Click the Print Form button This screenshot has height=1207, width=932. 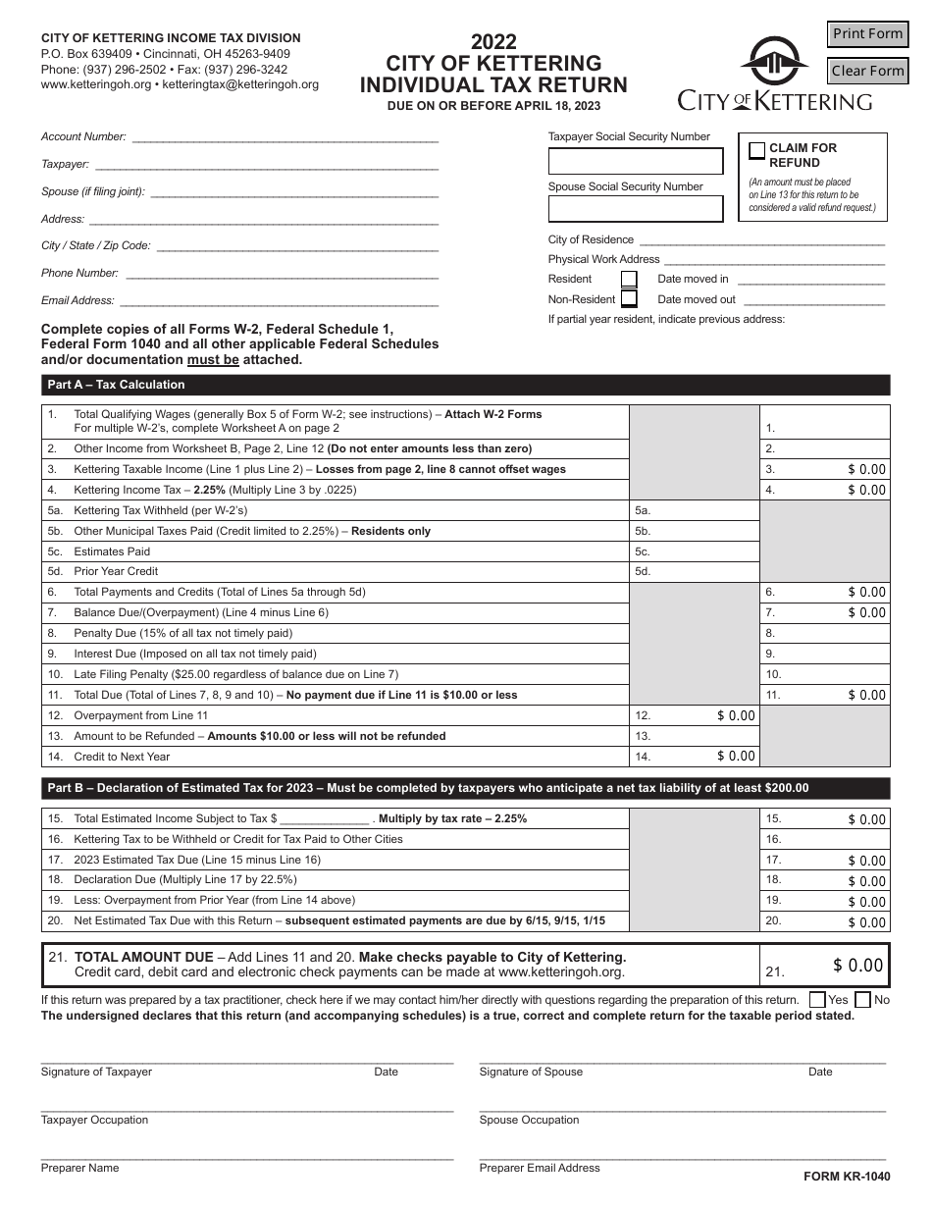[867, 34]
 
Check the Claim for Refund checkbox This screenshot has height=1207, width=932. [756, 150]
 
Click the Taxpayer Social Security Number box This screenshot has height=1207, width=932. [635, 161]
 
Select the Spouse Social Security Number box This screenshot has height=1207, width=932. [635, 209]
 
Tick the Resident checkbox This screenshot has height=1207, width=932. [629, 280]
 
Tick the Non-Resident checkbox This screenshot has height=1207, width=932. [629, 299]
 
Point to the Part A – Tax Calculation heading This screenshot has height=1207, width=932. [117, 385]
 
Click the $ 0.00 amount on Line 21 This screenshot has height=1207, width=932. [858, 966]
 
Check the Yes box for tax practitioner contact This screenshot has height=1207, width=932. [817, 1000]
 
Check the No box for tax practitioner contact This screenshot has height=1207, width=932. [862, 1000]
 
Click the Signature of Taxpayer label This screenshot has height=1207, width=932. [96, 1072]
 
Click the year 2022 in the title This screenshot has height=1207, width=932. [493, 42]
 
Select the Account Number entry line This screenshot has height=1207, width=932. [285, 137]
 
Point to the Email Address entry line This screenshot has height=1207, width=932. [279, 301]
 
